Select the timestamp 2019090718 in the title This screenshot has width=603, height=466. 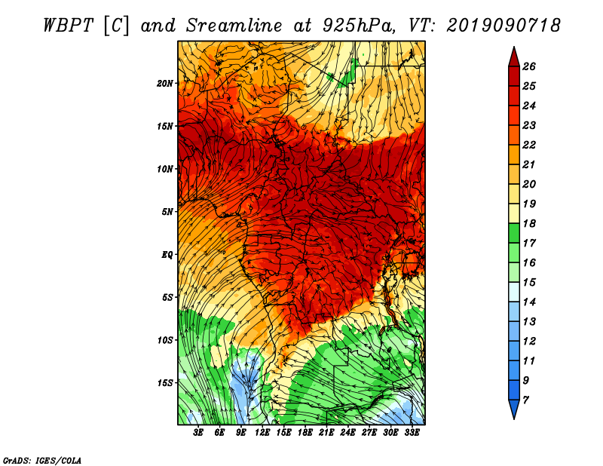[504, 24]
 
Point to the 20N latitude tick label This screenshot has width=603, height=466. [165, 83]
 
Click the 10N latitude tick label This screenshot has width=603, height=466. [165, 169]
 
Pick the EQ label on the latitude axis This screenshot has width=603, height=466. [167, 255]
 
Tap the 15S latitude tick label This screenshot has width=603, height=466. [165, 383]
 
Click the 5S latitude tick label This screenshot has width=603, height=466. [167, 297]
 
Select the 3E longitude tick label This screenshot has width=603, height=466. [199, 433]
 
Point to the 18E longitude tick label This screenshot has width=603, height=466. [305, 433]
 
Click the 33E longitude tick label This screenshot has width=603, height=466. [412, 433]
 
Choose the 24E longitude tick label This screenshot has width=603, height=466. [347, 433]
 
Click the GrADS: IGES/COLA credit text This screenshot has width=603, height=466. [41, 460]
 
